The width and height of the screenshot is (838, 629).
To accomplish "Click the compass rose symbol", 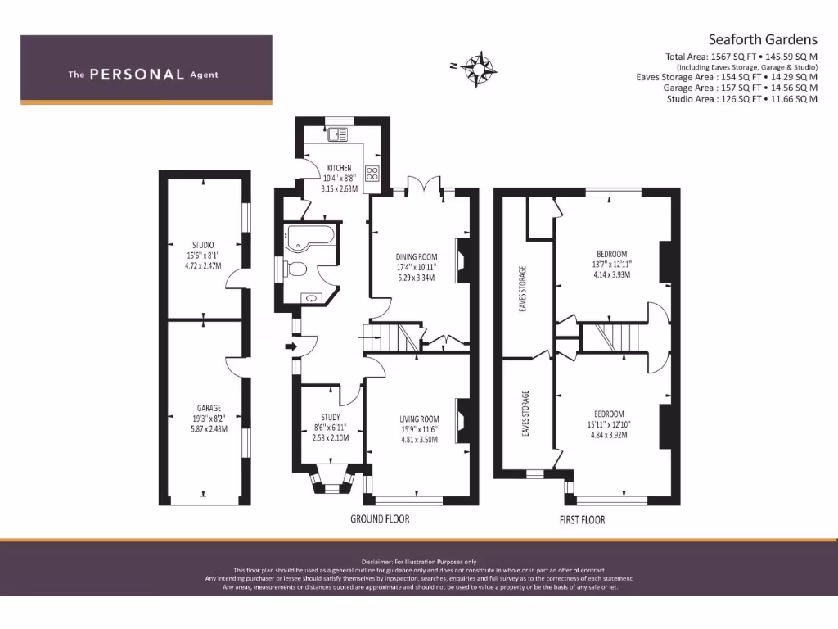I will pos(480,66).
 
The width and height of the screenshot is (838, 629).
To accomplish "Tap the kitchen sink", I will pos(337,134).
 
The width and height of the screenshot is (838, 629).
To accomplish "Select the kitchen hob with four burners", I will pos(373,173).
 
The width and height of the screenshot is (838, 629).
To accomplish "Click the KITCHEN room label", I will pos(339,168).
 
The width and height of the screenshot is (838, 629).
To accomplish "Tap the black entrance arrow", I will pos(289,347).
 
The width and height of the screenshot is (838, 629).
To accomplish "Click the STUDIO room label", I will pos(204,244).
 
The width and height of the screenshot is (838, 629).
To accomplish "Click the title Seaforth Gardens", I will pos(762,39).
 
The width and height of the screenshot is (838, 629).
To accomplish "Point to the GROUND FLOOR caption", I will pos(380,518).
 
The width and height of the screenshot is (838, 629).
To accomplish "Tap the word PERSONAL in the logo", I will pos(137,75).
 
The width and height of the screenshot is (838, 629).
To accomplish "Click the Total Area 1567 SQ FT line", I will pos(741,57).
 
